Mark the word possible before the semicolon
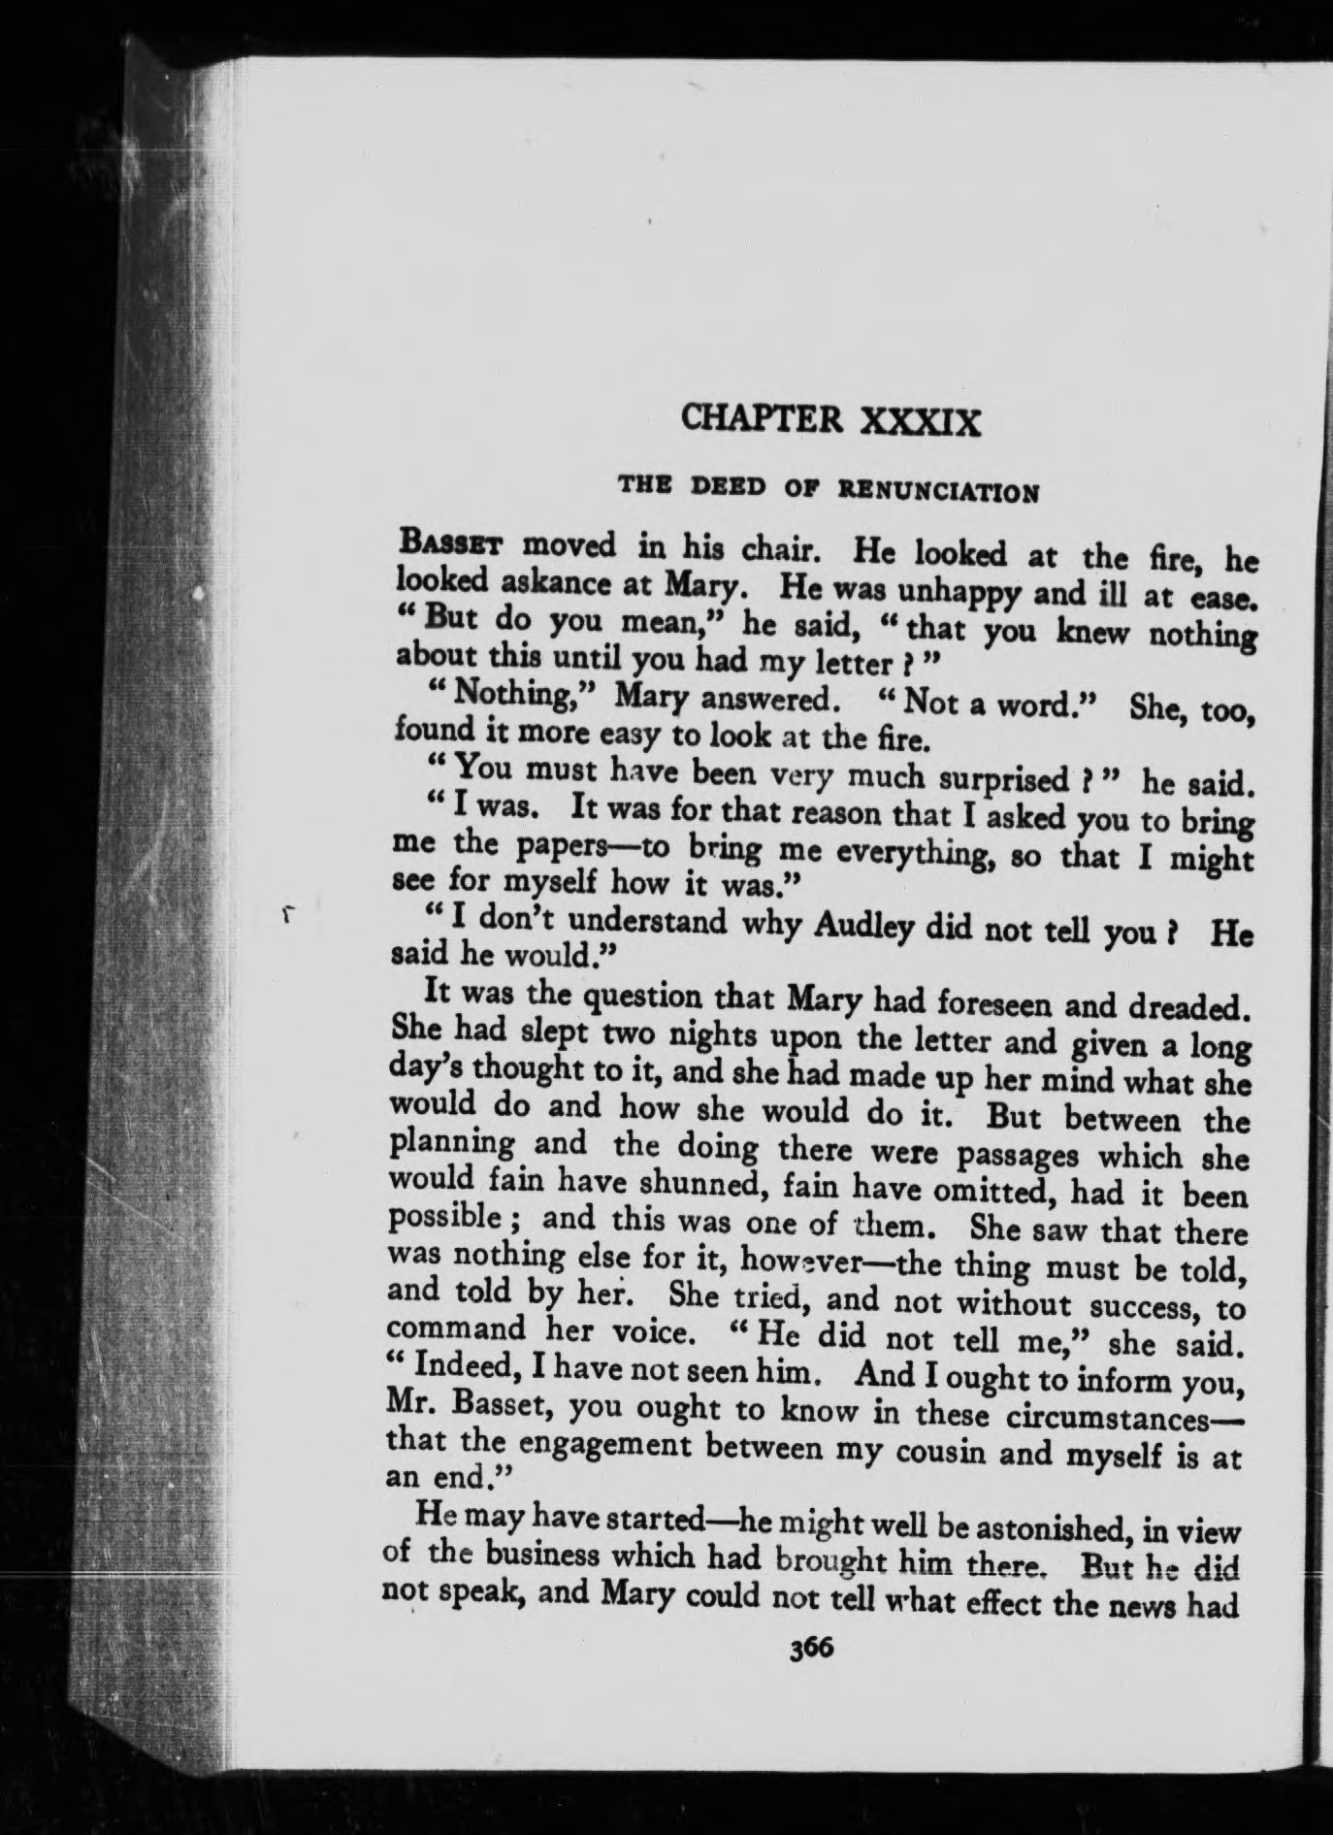(x=442, y=1218)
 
